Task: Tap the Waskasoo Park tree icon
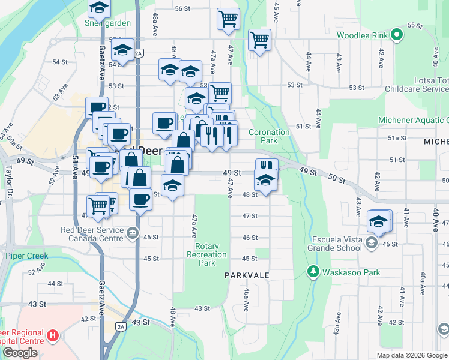[x=312, y=272]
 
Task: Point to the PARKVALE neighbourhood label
[x=246, y=275]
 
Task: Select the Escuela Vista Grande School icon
[x=372, y=242]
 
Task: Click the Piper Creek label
[x=26, y=256]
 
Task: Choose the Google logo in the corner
[x=20, y=353]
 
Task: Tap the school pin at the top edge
[x=99, y=8]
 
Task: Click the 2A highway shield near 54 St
[x=139, y=53]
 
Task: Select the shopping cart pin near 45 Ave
[x=259, y=40]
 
